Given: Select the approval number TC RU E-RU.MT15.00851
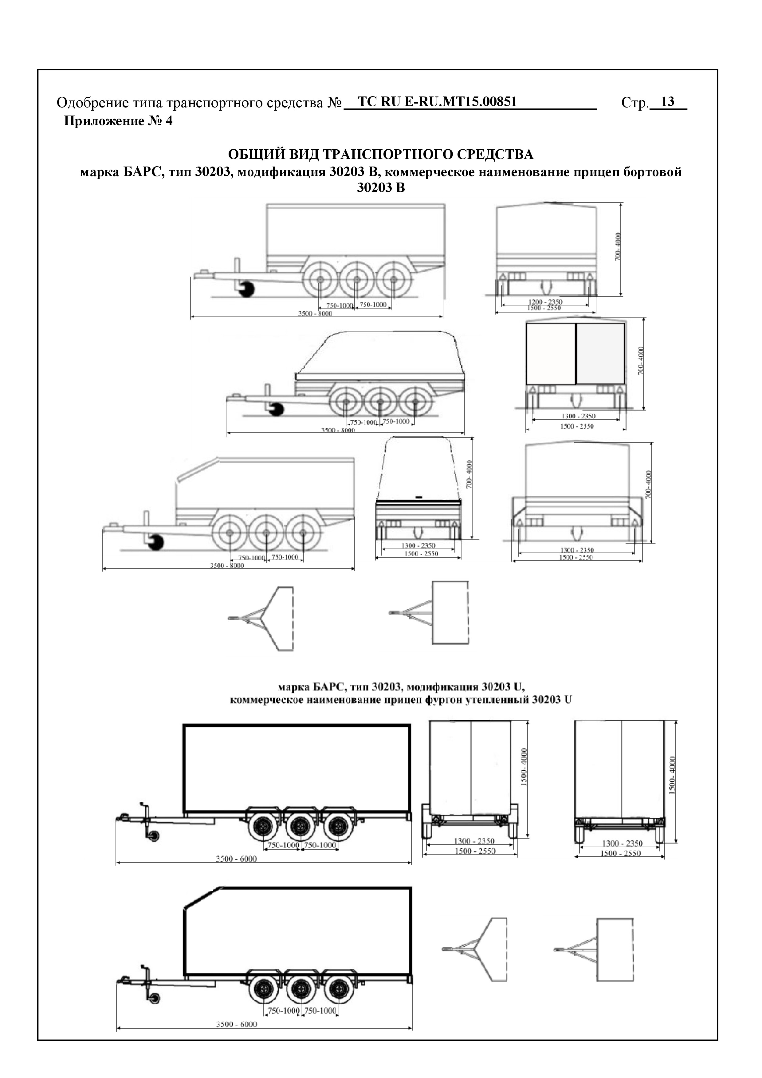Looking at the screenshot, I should (437, 101).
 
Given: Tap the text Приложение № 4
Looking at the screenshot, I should (118, 121).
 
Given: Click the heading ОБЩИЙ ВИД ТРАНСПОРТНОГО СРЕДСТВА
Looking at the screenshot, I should (380, 155).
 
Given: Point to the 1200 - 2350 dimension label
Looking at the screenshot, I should (545, 301).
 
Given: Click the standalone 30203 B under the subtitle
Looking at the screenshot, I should (380, 188).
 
